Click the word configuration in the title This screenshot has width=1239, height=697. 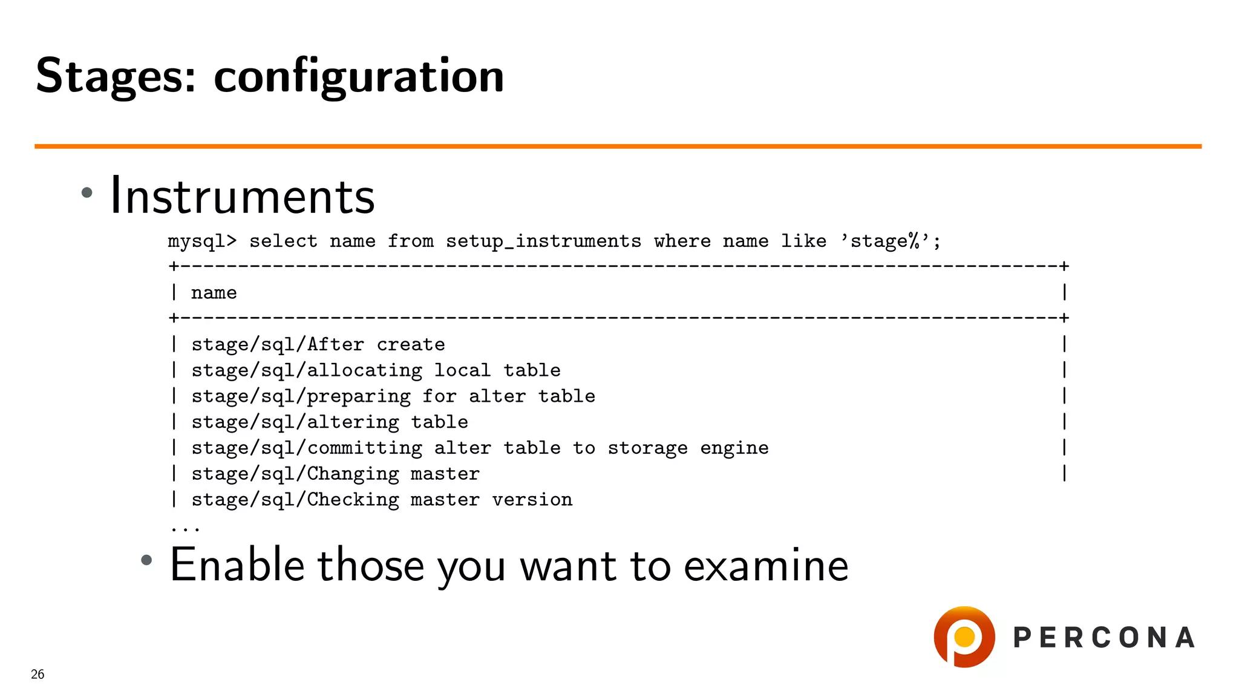click(x=359, y=76)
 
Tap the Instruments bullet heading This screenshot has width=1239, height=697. click(x=242, y=196)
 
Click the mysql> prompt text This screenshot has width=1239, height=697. click(x=202, y=241)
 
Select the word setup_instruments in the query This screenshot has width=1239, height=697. click(x=543, y=241)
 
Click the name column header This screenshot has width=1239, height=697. click(x=214, y=293)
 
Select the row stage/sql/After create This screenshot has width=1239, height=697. click(x=318, y=345)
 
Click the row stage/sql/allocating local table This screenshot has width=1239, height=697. click(x=376, y=370)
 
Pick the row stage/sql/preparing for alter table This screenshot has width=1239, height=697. click(x=393, y=396)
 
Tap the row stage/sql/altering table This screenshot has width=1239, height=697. click(x=330, y=422)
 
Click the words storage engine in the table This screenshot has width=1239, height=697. click(x=688, y=448)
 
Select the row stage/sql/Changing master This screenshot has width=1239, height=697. click(x=335, y=474)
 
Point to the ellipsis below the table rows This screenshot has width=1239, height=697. click(x=185, y=529)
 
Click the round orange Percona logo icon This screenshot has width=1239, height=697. click(x=964, y=637)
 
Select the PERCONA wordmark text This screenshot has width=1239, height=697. click(x=1104, y=638)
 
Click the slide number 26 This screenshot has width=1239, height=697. click(x=38, y=675)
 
